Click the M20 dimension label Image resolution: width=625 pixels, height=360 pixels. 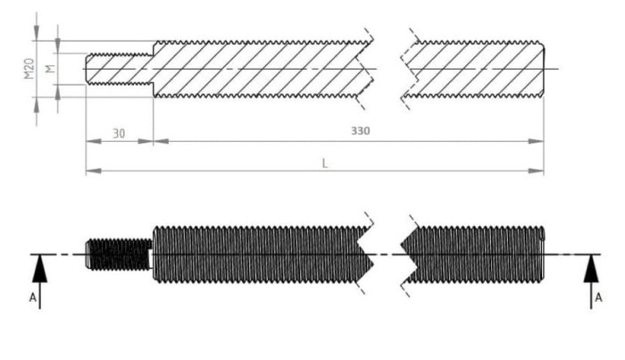tap(29, 69)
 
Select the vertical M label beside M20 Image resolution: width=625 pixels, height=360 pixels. tap(50, 69)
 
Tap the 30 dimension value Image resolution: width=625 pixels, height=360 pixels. tap(119, 134)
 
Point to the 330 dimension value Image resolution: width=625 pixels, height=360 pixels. tap(361, 130)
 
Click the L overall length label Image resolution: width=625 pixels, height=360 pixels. tap(325, 163)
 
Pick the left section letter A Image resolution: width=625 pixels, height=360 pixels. tap(33, 297)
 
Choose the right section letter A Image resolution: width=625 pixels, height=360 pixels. tap(598, 297)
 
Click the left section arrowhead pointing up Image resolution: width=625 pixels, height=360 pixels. tap(39, 269)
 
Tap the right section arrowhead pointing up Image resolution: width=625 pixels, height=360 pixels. tap(591, 269)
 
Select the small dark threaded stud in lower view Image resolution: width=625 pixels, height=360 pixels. tap(119, 255)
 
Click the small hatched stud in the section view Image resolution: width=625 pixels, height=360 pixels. tap(120, 69)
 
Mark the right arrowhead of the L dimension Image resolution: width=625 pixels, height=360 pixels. tap(536, 171)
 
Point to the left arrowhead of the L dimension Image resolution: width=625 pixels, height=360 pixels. tap(94, 171)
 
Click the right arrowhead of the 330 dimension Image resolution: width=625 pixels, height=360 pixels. tap(536, 141)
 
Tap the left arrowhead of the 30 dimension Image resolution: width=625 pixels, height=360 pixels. tap(94, 141)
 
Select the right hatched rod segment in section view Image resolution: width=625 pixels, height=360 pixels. tap(473, 69)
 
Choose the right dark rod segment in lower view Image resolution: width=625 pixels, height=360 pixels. tap(473, 255)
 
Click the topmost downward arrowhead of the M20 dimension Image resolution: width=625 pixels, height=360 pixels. tap(37, 33)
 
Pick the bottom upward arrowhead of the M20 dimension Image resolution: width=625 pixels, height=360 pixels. tap(37, 105)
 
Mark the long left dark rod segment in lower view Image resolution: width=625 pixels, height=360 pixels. tap(263, 255)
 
